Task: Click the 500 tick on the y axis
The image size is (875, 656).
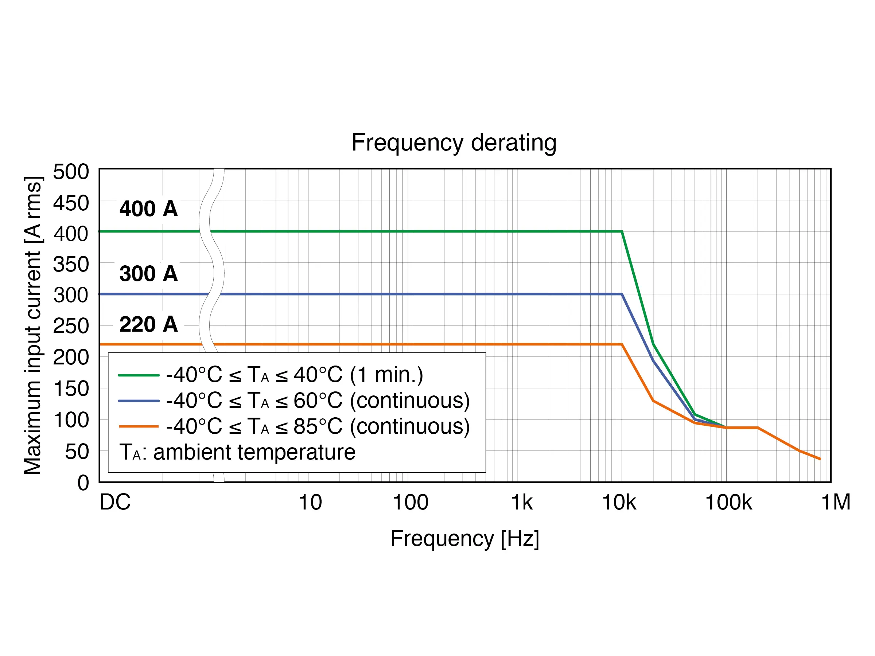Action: pos(71,172)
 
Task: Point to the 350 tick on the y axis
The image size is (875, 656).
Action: pos(71,264)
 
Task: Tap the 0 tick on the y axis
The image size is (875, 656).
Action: pos(83,483)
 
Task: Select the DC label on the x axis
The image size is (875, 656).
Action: pos(115,503)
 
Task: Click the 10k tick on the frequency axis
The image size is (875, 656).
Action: pos(619,503)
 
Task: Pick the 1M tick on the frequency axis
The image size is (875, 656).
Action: pos(836,503)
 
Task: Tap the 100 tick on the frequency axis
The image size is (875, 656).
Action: pos(410,503)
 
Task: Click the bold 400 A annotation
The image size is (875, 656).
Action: pos(148,208)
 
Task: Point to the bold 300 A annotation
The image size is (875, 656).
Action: pos(148,273)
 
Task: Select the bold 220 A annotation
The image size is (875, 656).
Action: pos(148,324)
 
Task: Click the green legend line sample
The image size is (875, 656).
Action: pos(139,375)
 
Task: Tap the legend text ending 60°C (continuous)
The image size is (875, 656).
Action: pos(318,401)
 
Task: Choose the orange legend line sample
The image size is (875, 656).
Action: pos(139,426)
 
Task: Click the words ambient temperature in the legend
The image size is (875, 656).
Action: pos(254,452)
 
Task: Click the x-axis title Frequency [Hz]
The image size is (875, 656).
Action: pos(464,538)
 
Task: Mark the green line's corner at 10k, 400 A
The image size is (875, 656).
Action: pos(622,231)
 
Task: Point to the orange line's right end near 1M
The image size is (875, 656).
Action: pos(820,459)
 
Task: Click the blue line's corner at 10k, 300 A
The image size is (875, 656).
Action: pos(622,294)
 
